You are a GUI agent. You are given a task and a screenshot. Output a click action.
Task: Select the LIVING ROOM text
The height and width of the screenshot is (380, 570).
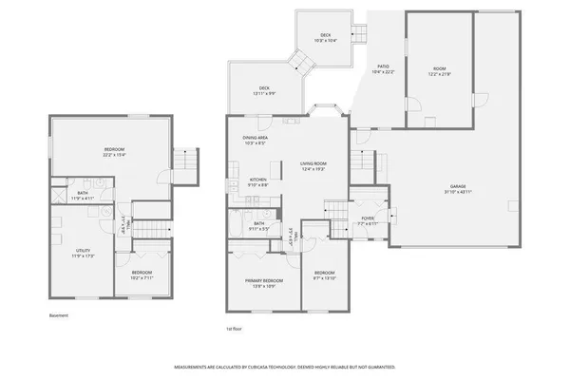click(313, 164)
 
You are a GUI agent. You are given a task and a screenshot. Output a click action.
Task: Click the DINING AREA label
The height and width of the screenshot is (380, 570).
click(255, 139)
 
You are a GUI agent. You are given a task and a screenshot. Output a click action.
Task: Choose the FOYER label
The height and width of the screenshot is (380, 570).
click(368, 218)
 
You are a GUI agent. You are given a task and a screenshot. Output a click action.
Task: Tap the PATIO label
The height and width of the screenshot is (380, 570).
click(383, 66)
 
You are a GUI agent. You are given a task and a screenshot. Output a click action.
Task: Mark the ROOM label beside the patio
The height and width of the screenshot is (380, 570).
click(439, 69)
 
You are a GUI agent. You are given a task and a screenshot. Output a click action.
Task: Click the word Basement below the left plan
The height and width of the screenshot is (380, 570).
click(59, 315)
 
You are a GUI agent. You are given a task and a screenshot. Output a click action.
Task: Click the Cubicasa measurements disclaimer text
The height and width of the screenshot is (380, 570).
click(285, 366)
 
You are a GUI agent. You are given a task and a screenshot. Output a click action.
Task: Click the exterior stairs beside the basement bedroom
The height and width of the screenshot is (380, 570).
click(187, 162)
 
